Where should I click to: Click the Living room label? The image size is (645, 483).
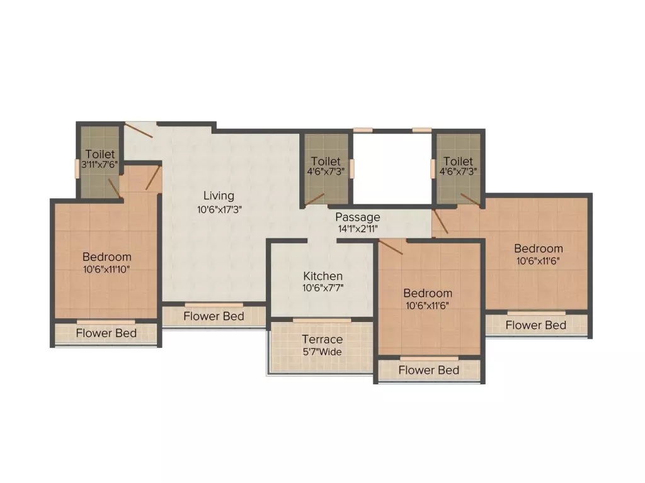click(219, 196)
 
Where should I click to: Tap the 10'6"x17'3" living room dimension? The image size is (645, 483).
click(219, 209)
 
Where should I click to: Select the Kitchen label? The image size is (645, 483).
click(323, 276)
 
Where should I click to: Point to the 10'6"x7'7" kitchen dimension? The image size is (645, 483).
click(323, 289)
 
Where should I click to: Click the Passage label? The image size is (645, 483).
click(357, 218)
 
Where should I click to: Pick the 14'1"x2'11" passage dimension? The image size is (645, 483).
click(358, 230)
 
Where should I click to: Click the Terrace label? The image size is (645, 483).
click(322, 340)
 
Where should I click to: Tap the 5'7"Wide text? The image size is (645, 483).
click(322, 352)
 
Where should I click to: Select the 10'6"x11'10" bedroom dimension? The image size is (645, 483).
click(107, 269)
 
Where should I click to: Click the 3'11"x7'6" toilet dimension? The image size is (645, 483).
click(101, 165)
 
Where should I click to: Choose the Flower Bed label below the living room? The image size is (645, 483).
click(214, 316)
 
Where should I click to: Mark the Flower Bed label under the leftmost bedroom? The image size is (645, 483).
click(106, 333)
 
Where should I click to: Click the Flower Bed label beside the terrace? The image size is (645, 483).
click(428, 370)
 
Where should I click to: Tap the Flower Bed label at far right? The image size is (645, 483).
click(536, 325)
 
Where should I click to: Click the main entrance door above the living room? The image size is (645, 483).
click(139, 130)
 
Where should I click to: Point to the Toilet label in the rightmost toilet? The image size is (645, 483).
click(458, 162)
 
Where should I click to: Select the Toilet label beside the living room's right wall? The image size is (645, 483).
click(326, 162)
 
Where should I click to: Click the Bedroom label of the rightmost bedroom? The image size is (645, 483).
click(539, 248)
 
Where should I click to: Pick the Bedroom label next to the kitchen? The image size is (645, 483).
click(428, 293)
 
